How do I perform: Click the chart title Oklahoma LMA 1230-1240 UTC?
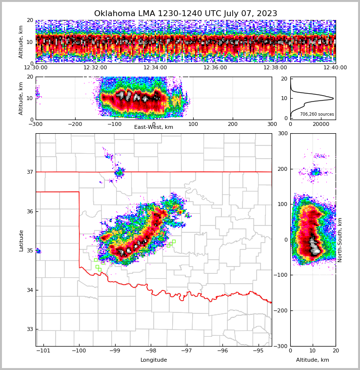[185, 14]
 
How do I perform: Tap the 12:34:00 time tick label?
[155, 68]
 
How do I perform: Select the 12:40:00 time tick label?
[335, 68]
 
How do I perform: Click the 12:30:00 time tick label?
[36, 68]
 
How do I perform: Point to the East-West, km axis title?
[154, 127]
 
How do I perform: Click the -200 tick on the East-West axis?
[75, 124]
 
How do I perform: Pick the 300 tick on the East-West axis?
[272, 124]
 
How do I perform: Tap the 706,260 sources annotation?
[317, 114]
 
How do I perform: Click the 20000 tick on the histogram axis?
[321, 124]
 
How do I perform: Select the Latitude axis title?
[21, 240]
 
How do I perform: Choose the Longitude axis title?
[154, 360]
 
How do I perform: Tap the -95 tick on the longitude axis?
[259, 351]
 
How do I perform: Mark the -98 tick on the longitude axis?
[151, 351]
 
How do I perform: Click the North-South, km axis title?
[340, 240]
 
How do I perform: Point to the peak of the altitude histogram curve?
[333, 99]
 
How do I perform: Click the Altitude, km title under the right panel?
[313, 360]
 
